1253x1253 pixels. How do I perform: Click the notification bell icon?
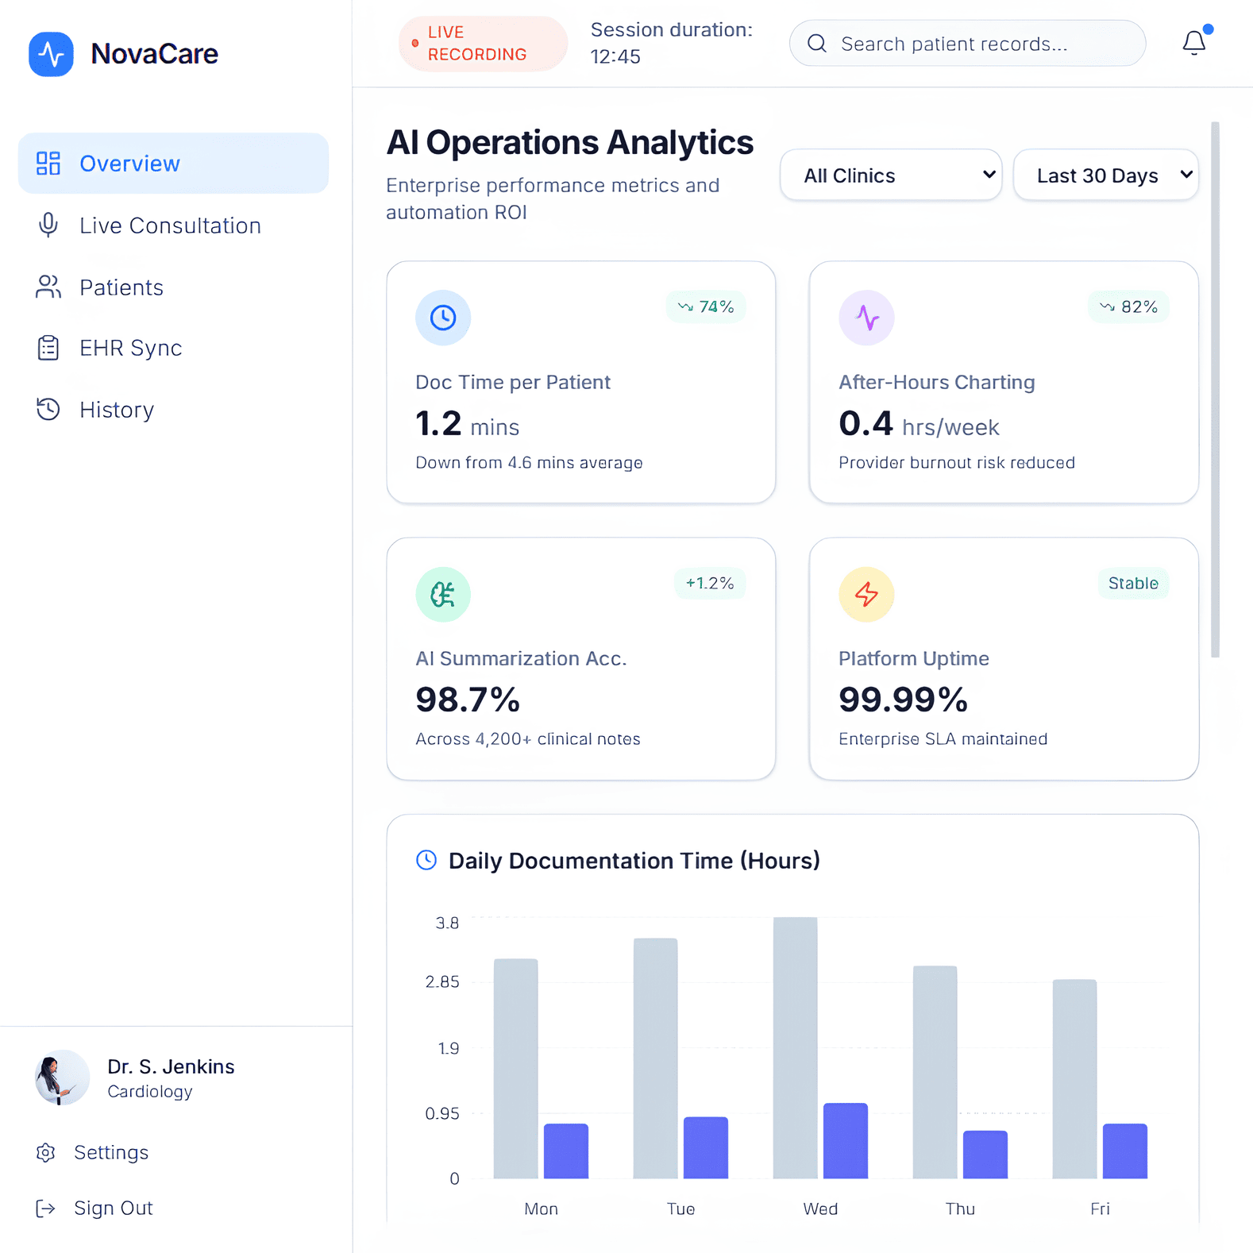[1193, 43]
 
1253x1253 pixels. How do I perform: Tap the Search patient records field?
[967, 44]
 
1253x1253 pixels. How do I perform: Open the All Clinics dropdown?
[891, 175]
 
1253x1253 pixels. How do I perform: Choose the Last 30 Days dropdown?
[1105, 175]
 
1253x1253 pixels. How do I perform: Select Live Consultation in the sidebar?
[170, 226]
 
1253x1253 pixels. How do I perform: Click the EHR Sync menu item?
[130, 348]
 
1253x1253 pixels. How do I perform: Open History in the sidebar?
[116, 410]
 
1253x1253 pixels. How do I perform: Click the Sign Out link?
[113, 1208]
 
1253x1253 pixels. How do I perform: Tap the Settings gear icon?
[46, 1152]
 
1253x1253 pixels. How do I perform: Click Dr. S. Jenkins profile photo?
[62, 1078]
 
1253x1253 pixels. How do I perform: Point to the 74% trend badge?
[706, 307]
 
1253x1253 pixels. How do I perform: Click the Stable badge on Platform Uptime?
[1132, 584]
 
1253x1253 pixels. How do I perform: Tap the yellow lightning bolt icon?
[866, 594]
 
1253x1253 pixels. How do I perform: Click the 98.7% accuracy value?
[468, 700]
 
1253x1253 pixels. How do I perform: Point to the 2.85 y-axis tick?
[442, 982]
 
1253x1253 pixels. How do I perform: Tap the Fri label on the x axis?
[1100, 1209]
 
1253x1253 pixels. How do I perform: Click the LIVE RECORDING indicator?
[482, 44]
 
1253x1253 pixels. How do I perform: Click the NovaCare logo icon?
[52, 54]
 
